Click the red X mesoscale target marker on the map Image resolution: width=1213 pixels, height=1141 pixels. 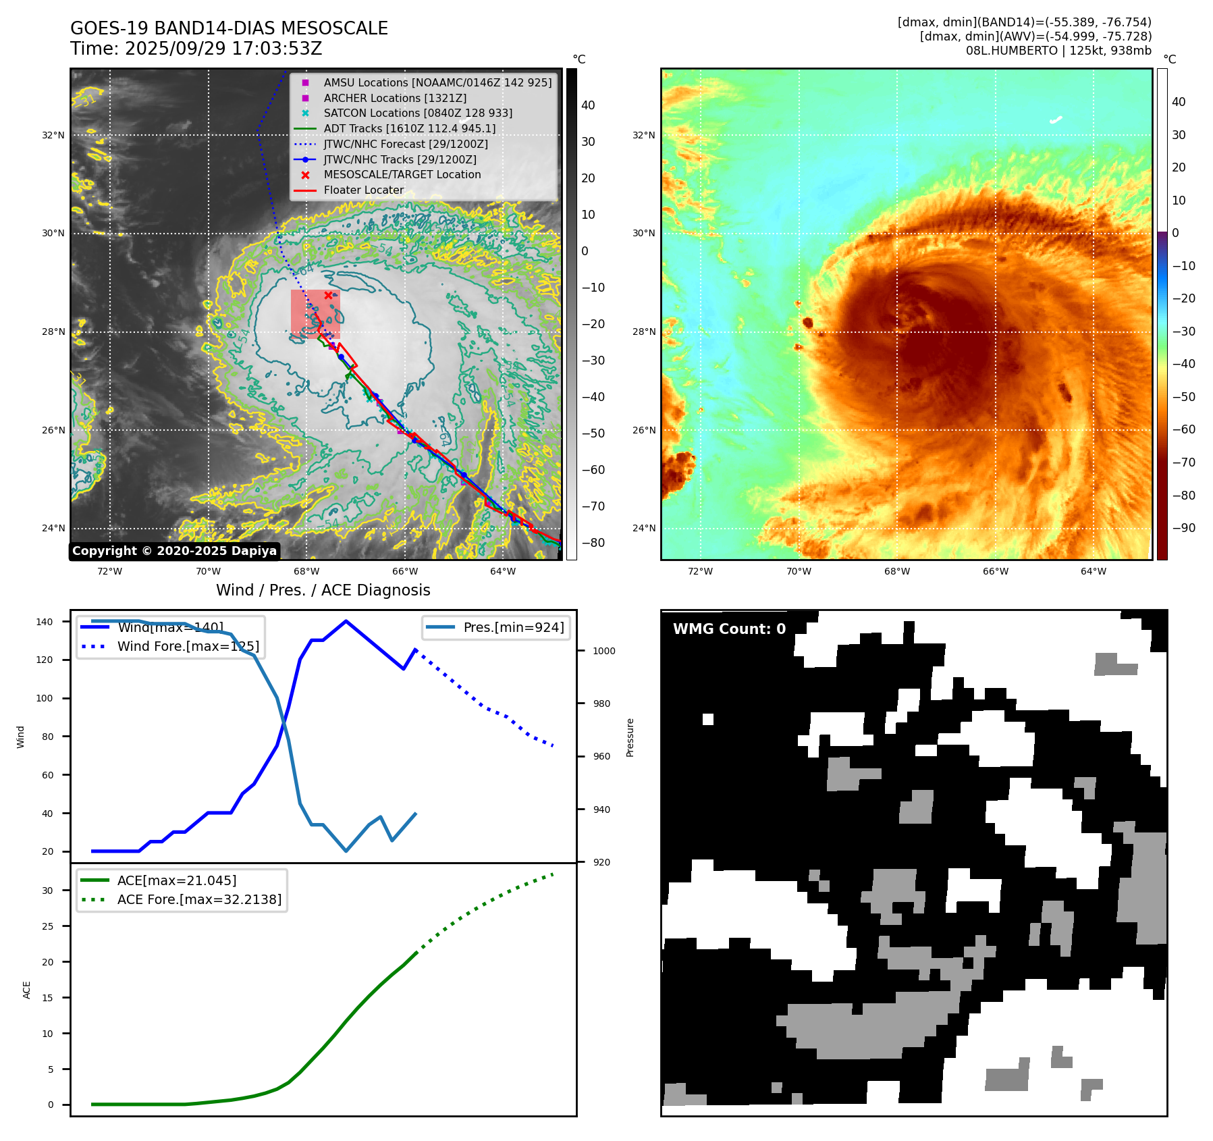tap(328, 295)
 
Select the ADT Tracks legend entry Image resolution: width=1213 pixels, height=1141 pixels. tap(409, 128)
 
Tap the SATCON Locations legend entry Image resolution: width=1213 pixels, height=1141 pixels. tap(417, 113)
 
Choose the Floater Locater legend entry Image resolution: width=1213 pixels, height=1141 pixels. tap(363, 190)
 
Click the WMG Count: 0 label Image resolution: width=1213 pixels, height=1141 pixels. tap(729, 629)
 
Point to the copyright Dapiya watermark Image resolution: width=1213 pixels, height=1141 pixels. tap(174, 551)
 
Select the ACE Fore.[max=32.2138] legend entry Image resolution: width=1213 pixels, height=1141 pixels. tap(199, 899)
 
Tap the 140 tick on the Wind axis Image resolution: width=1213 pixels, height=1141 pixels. tap(45, 622)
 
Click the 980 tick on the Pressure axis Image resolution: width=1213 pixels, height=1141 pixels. tap(601, 704)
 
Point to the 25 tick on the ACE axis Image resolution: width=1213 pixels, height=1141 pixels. tap(47, 926)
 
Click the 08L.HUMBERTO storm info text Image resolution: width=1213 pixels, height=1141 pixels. tap(1058, 51)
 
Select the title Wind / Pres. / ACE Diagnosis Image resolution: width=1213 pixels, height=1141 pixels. tap(323, 590)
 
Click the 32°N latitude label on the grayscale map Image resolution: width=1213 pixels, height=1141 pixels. tap(53, 135)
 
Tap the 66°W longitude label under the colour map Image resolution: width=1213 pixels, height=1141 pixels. tap(995, 571)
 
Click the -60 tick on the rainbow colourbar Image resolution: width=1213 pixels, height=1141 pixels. tap(1183, 429)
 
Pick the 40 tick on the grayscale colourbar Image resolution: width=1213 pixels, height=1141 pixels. tap(588, 105)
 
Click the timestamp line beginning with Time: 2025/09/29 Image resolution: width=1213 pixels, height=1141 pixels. tap(196, 49)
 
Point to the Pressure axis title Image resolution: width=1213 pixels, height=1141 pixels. tap(630, 737)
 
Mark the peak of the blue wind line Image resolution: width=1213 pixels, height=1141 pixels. tap(346, 621)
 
